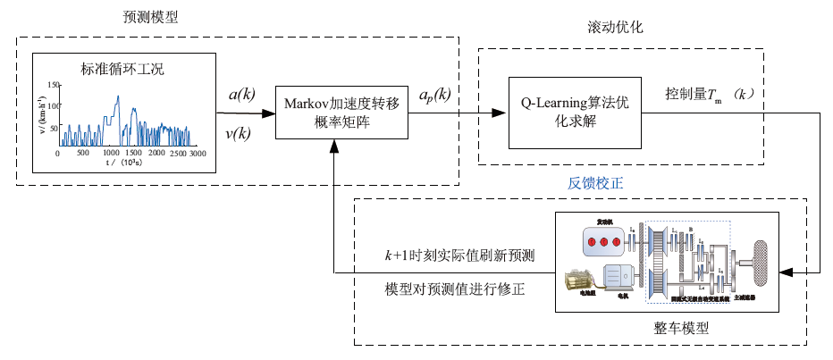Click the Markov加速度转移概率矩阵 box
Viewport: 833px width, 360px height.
(x=332, y=113)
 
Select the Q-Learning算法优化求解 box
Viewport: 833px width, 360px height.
(x=576, y=112)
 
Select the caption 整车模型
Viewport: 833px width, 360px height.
(x=682, y=328)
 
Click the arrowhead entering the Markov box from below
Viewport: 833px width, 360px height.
(x=332, y=146)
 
